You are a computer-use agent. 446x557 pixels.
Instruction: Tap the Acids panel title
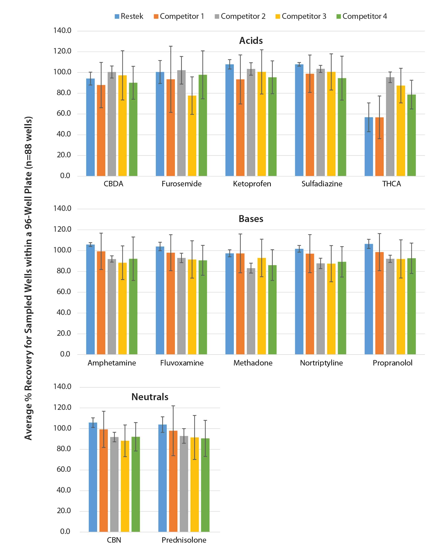[251, 41]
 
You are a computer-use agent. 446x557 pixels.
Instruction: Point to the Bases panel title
[251, 219]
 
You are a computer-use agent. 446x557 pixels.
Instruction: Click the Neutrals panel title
[150, 397]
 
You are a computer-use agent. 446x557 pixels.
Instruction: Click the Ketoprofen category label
[252, 184]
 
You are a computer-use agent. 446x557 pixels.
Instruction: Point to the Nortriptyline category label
[321, 363]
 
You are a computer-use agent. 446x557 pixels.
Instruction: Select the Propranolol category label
[392, 363]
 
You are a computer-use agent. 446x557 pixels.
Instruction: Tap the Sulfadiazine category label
[322, 184]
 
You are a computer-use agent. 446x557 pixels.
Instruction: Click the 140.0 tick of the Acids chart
[62, 30]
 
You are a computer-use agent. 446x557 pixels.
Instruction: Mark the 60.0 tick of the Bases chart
[64, 292]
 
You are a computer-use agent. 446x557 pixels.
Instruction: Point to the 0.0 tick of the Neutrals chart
[65, 531]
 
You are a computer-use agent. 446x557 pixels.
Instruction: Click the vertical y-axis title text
[28, 278]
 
